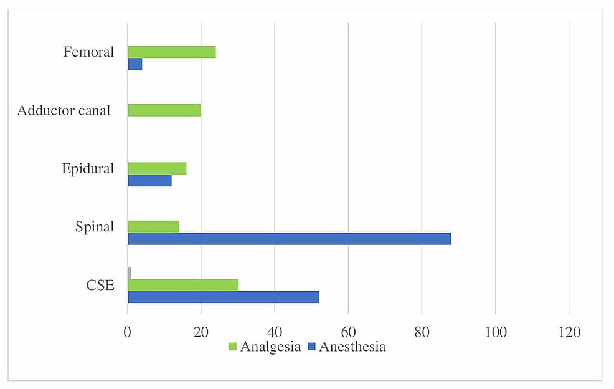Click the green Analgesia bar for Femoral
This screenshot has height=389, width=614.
click(171, 52)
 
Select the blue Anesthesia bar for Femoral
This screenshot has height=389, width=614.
click(135, 64)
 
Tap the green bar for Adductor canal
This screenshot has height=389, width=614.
click(164, 110)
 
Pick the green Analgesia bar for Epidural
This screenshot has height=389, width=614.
click(157, 168)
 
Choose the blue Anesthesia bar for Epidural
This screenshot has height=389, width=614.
click(149, 181)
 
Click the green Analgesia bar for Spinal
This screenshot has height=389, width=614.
click(153, 227)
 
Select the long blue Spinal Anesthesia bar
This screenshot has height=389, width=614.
click(289, 239)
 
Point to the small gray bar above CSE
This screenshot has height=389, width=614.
click(129, 273)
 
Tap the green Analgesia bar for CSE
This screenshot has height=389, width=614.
click(182, 285)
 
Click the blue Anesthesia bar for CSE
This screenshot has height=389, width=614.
click(223, 297)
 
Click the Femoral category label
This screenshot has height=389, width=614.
click(88, 52)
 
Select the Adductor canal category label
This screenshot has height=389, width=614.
click(64, 111)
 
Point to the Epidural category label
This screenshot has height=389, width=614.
click(88, 169)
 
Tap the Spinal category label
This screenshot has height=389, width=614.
click(94, 227)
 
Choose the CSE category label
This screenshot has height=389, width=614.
click(100, 286)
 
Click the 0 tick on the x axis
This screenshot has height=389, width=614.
click(128, 333)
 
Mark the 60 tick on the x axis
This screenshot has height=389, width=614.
click(348, 333)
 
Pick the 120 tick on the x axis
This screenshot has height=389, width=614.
click(569, 333)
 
